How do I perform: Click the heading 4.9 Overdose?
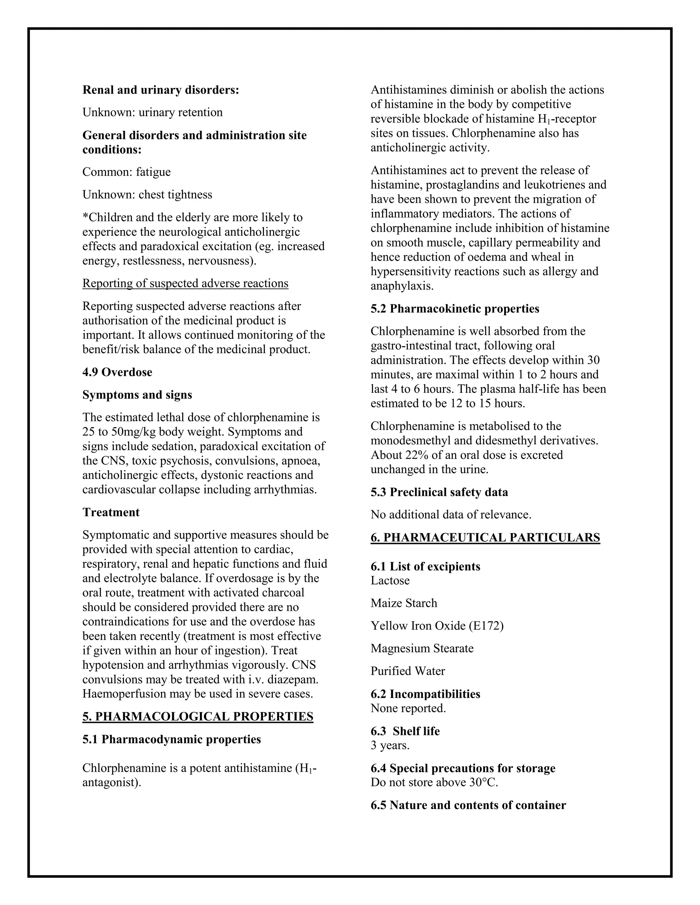tap(117, 372)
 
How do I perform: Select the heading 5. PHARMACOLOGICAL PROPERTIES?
tap(198, 716)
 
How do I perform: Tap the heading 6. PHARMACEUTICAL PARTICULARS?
tap(485, 538)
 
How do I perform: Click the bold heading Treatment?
tap(111, 512)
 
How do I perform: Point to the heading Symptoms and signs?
tap(137, 394)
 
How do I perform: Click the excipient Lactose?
tap(390, 581)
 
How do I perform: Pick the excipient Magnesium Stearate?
tap(422, 648)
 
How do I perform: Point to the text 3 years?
tap(390, 746)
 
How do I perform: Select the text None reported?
tap(408, 708)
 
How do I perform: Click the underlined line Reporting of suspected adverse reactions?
tap(185, 283)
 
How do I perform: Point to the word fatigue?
tap(153, 172)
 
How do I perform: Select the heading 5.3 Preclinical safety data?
tap(439, 492)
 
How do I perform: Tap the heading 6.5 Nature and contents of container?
tap(468, 805)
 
